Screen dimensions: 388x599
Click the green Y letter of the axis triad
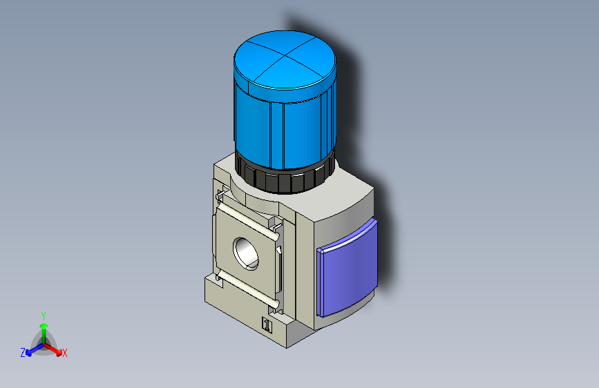[x=43, y=314]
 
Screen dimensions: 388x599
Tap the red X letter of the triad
[x=65, y=353]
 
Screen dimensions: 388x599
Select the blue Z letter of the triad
[x=23, y=352]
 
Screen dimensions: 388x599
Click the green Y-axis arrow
[x=44, y=327]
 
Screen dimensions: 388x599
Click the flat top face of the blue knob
[x=285, y=62]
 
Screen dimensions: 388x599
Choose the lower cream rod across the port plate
[x=247, y=291]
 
